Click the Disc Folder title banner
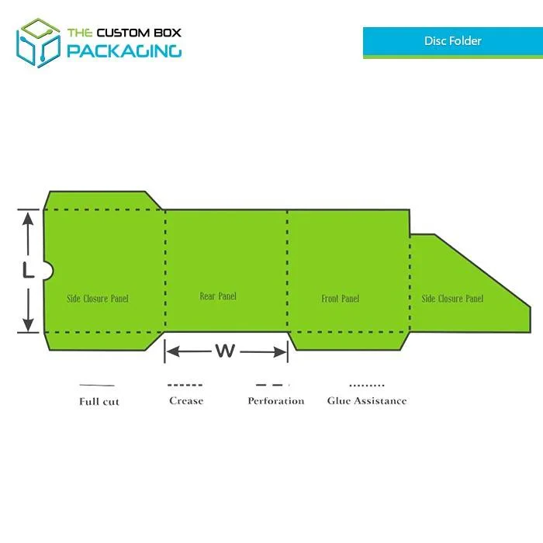[452, 42]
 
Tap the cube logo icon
[38, 43]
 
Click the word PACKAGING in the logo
[124, 51]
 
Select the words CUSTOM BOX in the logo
[139, 33]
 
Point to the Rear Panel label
[218, 296]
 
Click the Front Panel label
[340, 299]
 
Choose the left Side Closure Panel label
[98, 299]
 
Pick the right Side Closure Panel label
[452, 299]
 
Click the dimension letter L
[29, 270]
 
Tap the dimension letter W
[225, 351]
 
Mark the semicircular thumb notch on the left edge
[48, 271]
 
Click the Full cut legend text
[99, 402]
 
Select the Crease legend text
[186, 401]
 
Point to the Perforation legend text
[276, 401]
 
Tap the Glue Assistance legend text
[367, 401]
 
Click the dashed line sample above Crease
[185, 385]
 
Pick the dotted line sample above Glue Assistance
[367, 385]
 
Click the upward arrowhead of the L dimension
[28, 219]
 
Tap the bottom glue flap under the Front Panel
[349, 341]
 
